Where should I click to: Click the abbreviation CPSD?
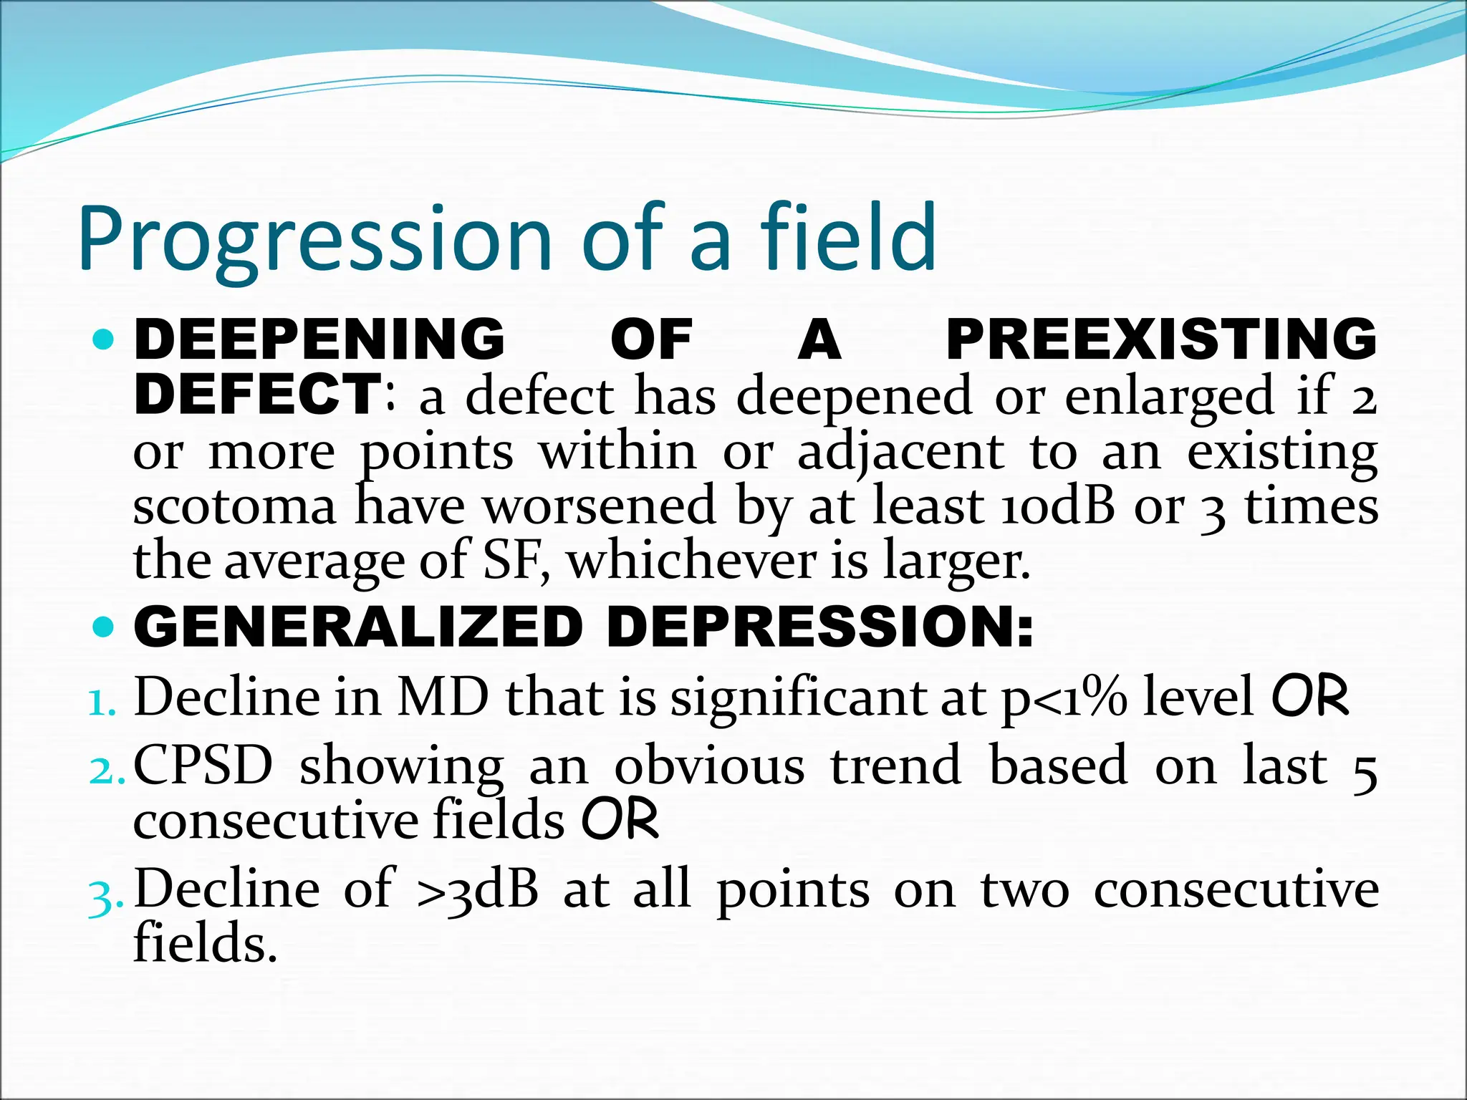tap(203, 766)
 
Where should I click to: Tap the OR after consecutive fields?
tap(619, 821)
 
